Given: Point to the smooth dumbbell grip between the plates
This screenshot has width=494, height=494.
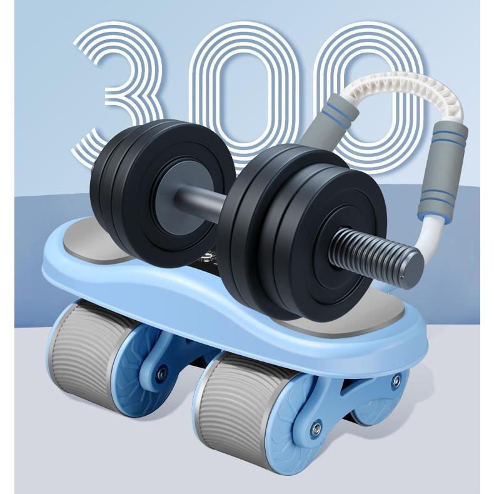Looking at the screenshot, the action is pyautogui.click(x=201, y=203).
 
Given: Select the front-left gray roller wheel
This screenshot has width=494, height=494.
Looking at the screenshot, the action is pyautogui.click(x=85, y=350).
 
